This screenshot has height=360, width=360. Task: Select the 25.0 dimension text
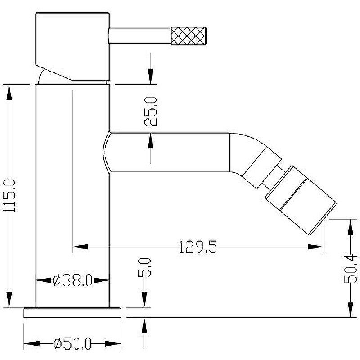[151, 111]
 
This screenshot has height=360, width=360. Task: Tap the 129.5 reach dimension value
[198, 247]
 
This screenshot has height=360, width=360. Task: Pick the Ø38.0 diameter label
[72, 280]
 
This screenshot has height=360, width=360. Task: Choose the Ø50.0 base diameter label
[72, 344]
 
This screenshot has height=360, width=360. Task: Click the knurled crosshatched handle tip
[189, 36]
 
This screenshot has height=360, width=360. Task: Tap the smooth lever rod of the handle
[140, 36]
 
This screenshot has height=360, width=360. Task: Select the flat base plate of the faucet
[72, 312]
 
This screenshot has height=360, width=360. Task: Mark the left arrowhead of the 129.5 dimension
[80, 247]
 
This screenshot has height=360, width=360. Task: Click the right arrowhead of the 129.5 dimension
[316, 247]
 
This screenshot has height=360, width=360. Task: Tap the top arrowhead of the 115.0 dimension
[9, 92]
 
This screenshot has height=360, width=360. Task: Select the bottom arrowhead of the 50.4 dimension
[351, 310]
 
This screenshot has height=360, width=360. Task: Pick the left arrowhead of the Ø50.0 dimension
[31, 344]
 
